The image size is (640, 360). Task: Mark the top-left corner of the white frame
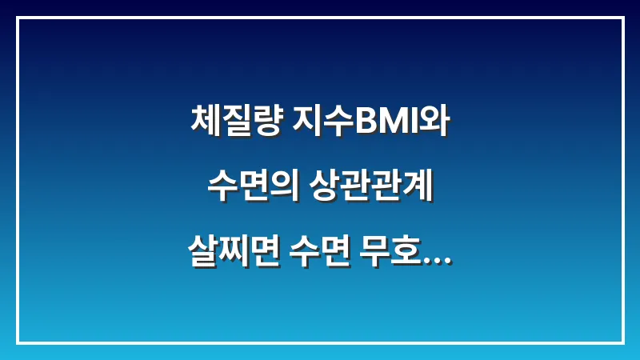tap(18, 18)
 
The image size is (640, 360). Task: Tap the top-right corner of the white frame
tap(622, 18)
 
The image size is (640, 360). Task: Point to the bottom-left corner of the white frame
tap(18, 342)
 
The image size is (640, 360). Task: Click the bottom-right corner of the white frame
tap(622, 342)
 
